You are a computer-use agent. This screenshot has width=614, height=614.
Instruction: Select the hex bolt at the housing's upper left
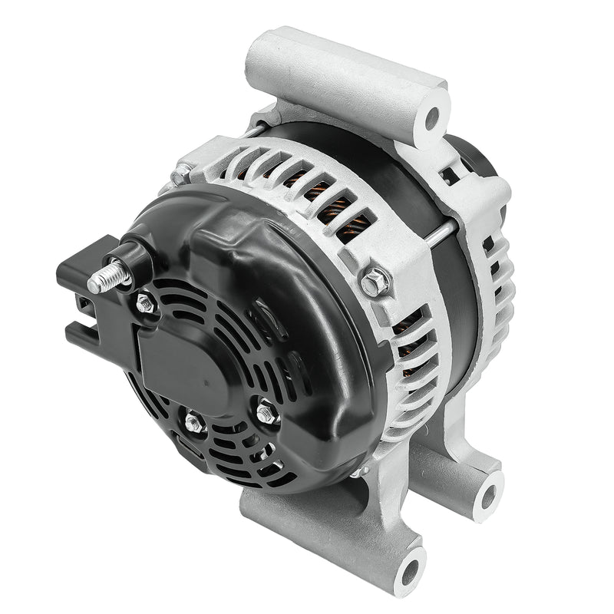coord(181,176)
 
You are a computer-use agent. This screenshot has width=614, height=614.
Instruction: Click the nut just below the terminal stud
coord(146,304)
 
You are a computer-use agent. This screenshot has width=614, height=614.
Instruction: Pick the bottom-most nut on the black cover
coord(193,421)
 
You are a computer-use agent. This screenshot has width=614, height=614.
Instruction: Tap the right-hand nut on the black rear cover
coord(266,414)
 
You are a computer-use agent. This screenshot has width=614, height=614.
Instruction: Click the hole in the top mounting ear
coord(432,118)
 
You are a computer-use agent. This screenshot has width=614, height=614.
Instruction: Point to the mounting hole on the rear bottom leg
coord(487,491)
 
